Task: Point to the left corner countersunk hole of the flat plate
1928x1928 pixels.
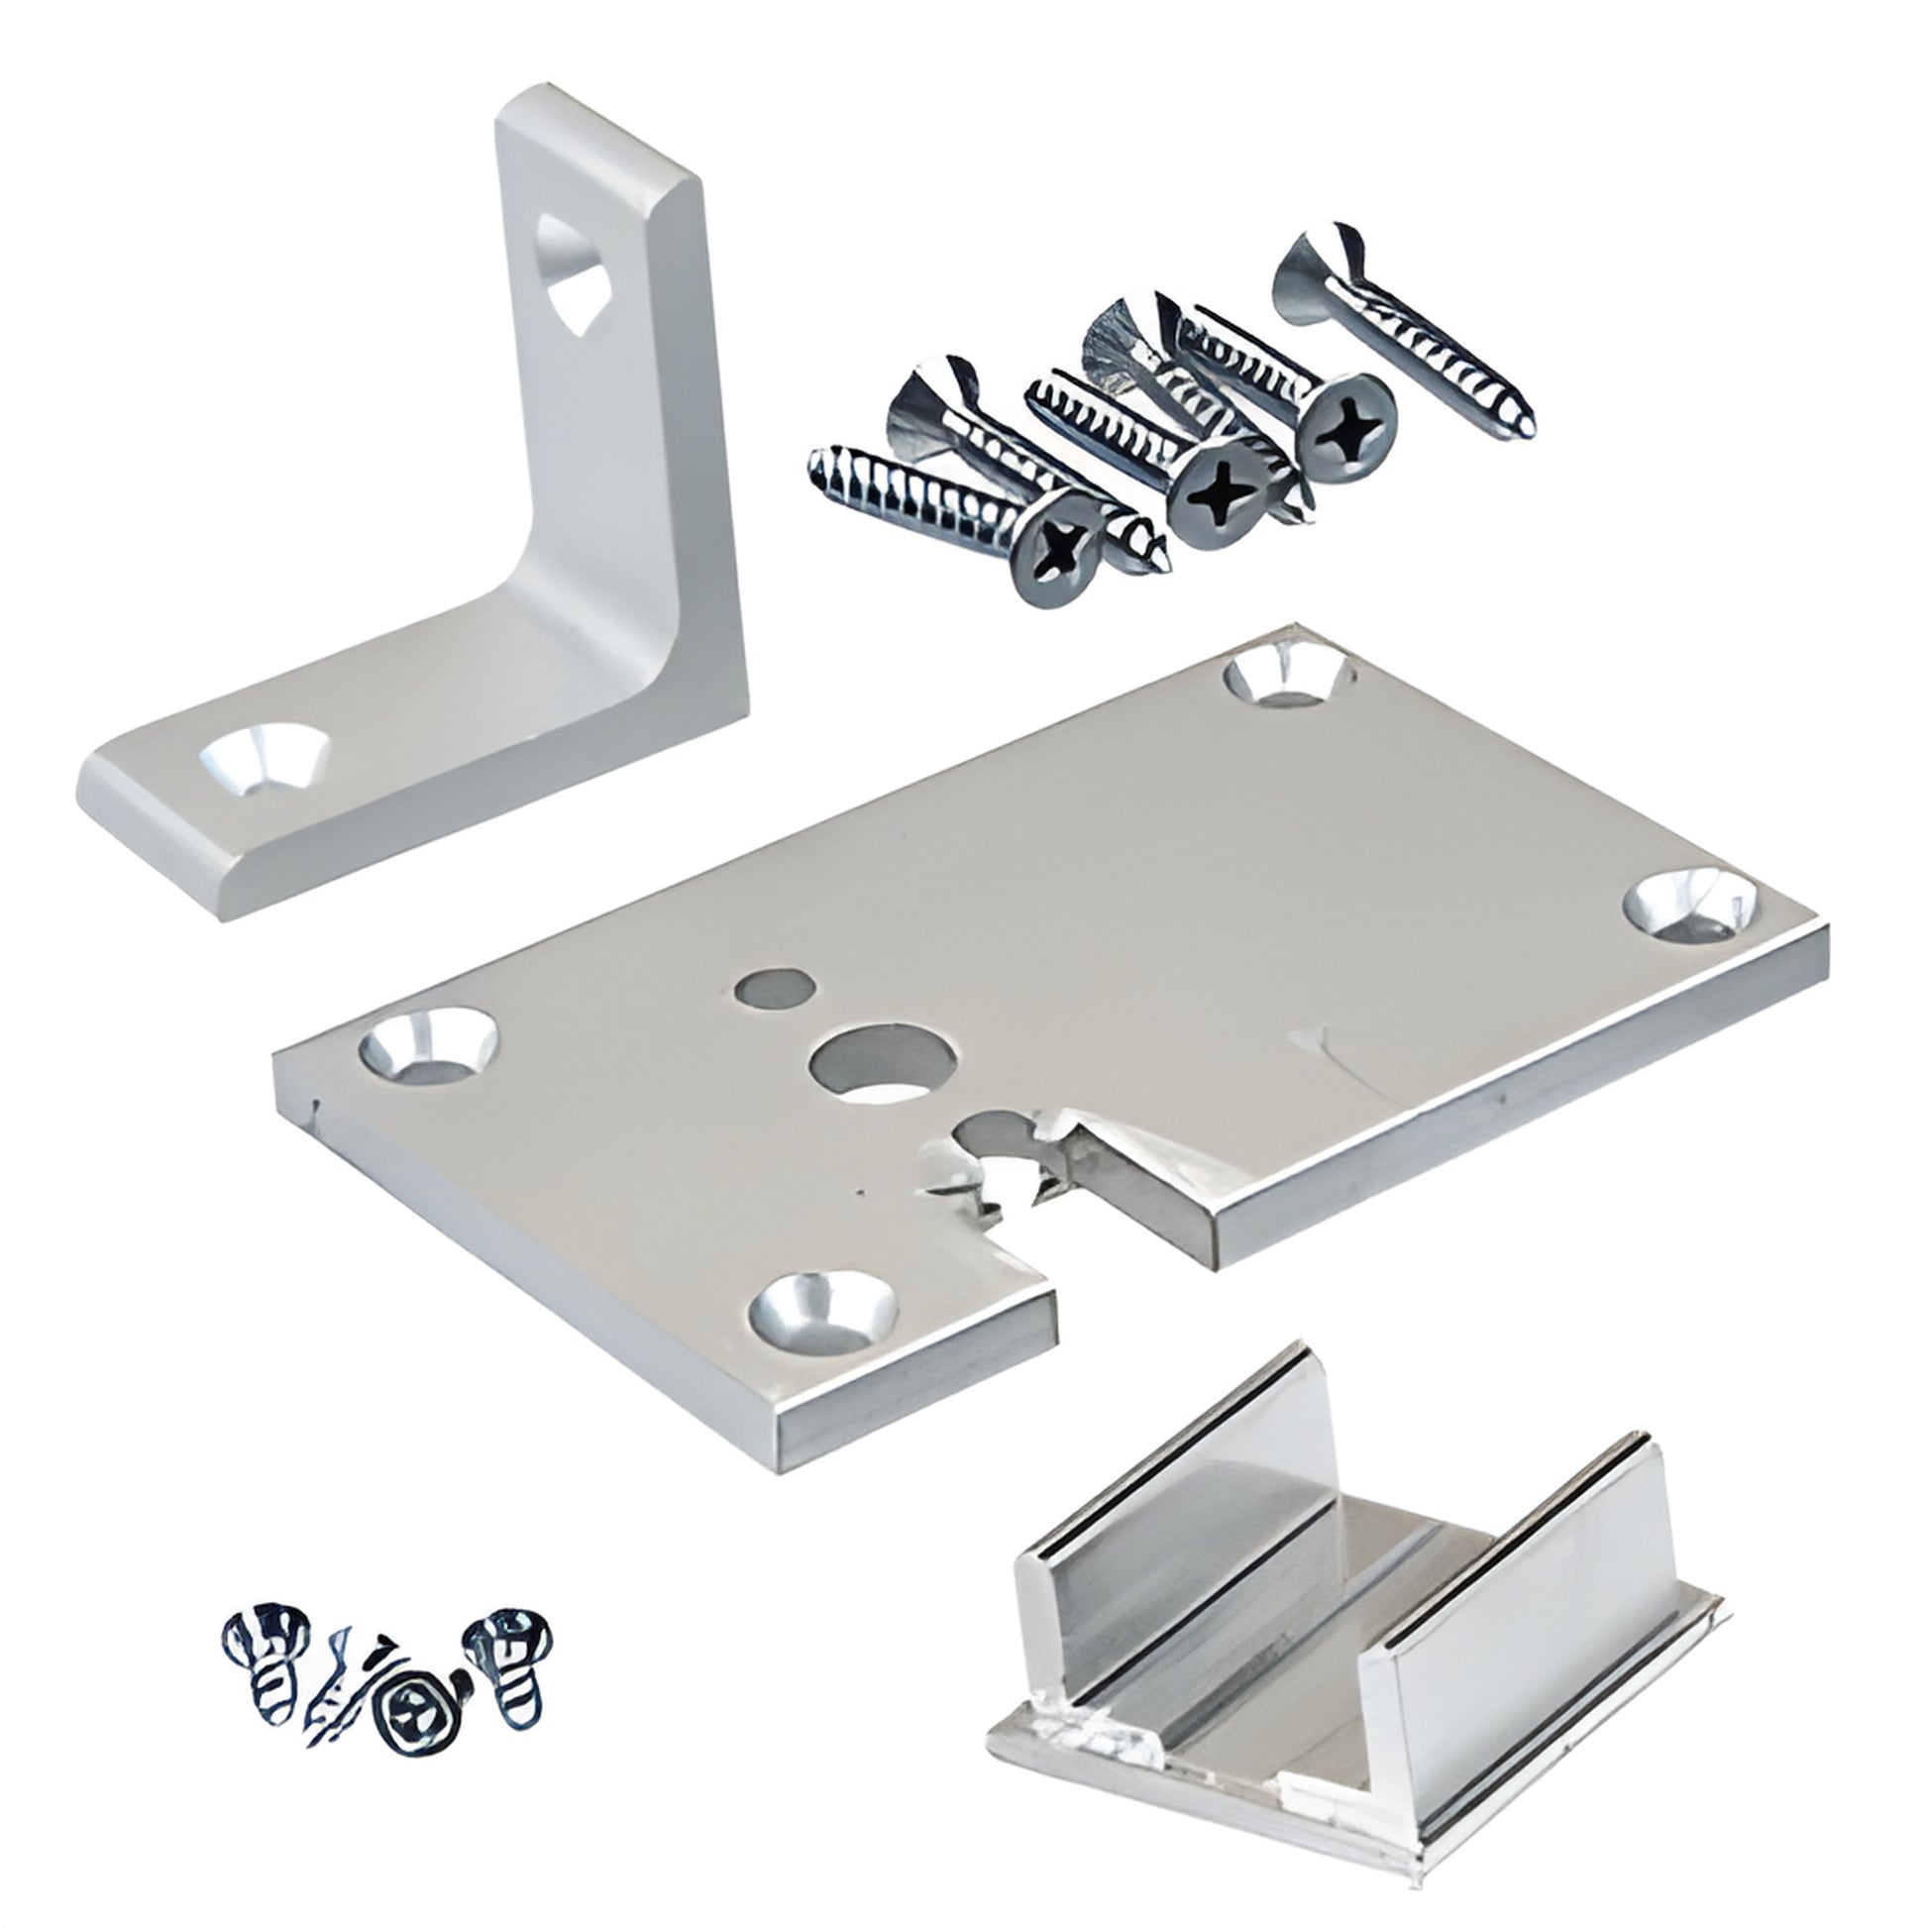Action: pos(429,1046)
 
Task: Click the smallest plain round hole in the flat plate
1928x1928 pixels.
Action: pos(770,988)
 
